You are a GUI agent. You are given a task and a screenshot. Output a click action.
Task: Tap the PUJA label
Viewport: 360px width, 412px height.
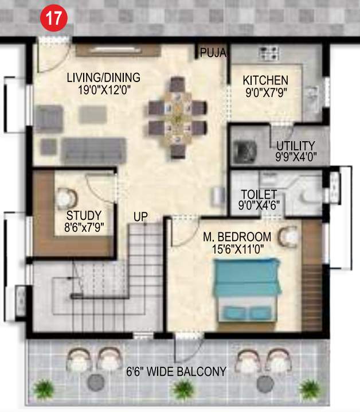213,53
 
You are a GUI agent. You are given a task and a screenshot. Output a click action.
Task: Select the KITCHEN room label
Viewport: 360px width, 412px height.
265,80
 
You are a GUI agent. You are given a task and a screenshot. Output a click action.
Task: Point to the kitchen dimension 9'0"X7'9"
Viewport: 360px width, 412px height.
265,91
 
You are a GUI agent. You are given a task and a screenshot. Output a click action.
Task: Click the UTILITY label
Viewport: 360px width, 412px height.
295,145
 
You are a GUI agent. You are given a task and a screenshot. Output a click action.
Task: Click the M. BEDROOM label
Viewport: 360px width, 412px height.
237,236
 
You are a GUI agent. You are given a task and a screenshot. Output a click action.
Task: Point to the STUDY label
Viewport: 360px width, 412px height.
84,216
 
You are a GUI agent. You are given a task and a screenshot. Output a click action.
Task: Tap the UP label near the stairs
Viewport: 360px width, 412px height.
140,217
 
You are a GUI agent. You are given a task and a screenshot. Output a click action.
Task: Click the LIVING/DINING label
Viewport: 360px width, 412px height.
103,77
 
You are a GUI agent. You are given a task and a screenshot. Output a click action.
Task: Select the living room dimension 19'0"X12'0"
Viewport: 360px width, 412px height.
103,89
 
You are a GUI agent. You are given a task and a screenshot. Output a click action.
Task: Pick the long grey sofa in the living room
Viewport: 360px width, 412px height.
92,149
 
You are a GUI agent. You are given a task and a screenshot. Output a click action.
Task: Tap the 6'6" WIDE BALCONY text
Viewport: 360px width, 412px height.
176,371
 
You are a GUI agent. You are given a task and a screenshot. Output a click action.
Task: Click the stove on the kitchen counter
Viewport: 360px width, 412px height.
268,54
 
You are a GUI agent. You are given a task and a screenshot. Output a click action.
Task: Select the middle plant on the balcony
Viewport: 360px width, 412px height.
182,390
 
